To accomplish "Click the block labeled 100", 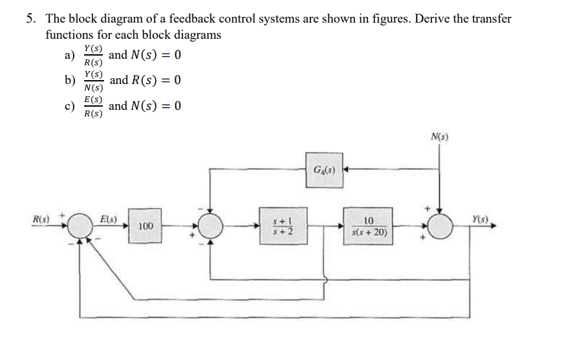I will [146, 226].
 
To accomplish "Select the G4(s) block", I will [323, 171].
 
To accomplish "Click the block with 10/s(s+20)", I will [369, 226].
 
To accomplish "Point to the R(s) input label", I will [42, 218].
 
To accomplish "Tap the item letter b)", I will [69, 81].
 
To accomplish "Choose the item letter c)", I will [69, 106].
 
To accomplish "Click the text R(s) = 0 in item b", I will [155, 81].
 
